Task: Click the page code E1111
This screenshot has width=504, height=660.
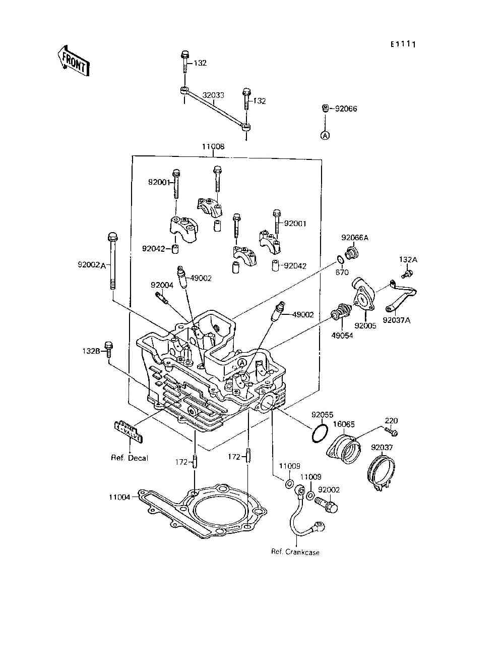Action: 402,44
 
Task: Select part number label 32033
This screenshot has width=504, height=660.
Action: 213,95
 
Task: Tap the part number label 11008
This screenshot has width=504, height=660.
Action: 213,147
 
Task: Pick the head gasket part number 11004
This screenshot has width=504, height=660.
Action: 119,497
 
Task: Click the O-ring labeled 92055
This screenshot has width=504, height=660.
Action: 319,433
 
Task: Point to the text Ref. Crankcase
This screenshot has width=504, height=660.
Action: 295,552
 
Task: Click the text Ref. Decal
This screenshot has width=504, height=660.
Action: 130,458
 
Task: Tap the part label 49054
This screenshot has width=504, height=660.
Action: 342,336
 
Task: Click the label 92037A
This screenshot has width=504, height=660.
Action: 396,320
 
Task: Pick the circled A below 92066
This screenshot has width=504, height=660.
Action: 326,135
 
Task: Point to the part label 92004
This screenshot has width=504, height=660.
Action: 162,285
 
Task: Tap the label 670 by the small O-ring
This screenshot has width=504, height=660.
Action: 342,272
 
